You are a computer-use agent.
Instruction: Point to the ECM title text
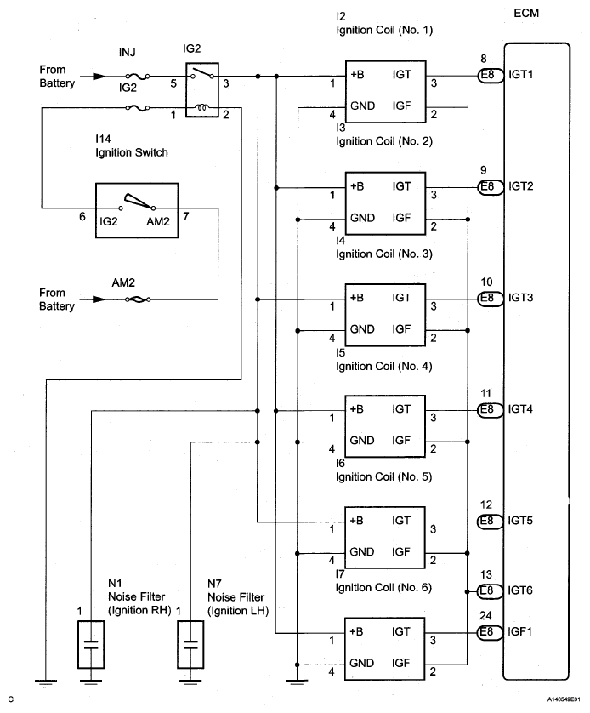pos(527,14)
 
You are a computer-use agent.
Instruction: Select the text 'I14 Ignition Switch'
pos(131,146)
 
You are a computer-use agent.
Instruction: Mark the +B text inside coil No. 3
pos(357,298)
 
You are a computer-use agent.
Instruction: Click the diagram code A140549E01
pos(559,700)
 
